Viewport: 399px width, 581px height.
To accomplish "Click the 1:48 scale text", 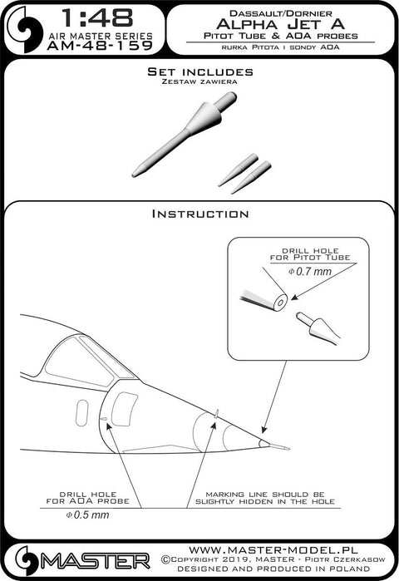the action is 96,17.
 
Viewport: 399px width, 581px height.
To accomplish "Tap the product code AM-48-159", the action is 100,46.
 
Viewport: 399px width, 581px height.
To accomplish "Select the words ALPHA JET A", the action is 280,24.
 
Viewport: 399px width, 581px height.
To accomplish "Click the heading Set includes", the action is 200,71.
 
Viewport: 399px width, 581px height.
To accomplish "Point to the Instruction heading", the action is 200,214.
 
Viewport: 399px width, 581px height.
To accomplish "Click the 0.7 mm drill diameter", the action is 310,272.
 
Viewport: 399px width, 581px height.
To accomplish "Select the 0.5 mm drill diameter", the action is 87,515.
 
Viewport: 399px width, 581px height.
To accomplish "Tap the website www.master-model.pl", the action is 273,549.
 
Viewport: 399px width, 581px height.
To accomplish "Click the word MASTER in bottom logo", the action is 96,562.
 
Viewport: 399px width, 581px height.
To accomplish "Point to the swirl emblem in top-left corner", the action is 25,30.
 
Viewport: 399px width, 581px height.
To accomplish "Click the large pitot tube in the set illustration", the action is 185,134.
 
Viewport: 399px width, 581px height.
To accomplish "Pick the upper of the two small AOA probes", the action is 238,170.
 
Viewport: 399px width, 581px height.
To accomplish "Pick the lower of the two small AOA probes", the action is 251,177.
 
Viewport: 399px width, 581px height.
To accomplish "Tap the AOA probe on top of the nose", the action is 217,413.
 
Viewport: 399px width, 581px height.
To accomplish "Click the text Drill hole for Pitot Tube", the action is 310,254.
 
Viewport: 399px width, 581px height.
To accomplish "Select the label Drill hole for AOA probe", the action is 88,498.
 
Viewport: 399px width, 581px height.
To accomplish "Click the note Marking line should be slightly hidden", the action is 265,498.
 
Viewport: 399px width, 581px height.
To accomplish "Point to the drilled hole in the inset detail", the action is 280,303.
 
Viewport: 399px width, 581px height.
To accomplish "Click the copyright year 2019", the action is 232,559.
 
